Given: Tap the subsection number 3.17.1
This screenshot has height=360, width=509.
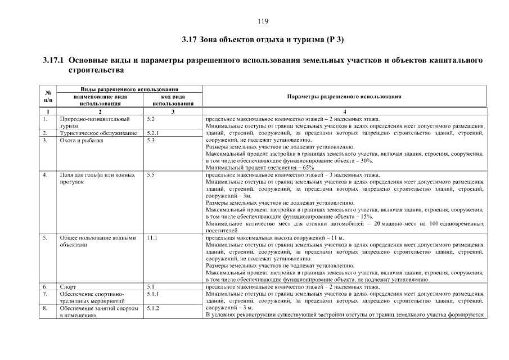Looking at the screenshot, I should (53, 60).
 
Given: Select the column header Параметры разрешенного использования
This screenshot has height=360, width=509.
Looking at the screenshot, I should (344, 97).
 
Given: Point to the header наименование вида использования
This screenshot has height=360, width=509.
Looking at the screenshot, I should (100, 100).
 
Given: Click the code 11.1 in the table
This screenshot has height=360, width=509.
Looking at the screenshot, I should (151, 238).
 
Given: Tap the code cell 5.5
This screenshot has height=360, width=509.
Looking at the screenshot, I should (150, 175).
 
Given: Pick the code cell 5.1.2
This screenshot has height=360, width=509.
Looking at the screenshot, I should (153, 308).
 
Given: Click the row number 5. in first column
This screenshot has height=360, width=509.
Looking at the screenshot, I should (44, 238).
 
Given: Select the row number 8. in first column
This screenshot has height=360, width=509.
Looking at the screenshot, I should (44, 308).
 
